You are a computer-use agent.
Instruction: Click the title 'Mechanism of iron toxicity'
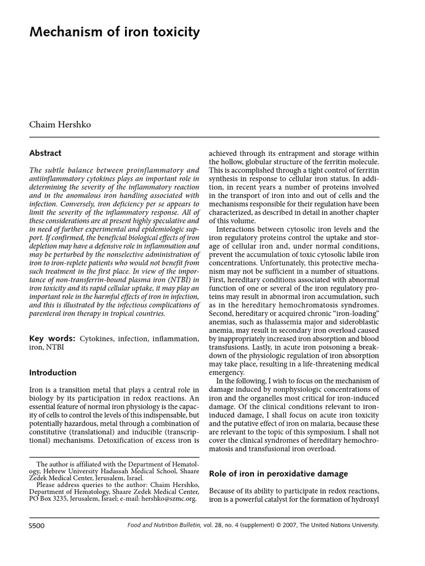[115, 33]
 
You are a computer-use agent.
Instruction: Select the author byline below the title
[60, 124]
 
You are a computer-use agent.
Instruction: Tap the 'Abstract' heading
[45, 153]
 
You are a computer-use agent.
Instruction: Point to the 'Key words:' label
[52, 338]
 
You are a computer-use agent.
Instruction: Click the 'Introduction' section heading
[53, 373]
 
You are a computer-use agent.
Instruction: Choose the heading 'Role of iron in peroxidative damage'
[278, 474]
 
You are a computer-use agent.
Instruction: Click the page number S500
[37, 525]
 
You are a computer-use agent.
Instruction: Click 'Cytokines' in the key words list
[97, 338]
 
